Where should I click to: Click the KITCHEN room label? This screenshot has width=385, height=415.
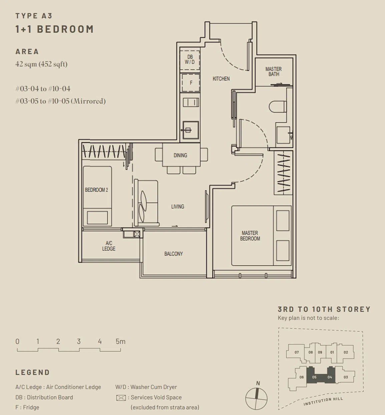(x=221, y=79)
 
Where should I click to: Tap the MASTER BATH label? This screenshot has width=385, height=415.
(x=274, y=71)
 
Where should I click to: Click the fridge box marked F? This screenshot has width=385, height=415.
(x=191, y=83)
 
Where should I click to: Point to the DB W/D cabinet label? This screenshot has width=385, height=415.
(x=190, y=59)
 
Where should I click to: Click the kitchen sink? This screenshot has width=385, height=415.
(x=190, y=130)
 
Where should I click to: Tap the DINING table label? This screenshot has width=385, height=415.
(x=180, y=155)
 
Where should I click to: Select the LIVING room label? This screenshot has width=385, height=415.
(x=177, y=206)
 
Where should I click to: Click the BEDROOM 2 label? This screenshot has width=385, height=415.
(x=96, y=190)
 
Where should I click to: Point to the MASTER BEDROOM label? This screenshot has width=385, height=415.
(x=250, y=236)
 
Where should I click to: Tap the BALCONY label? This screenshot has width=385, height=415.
(x=173, y=254)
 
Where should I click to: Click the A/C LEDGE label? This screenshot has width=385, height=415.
(x=109, y=246)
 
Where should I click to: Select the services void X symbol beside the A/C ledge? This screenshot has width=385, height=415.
(x=137, y=234)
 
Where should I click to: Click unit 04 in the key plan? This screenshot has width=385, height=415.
(x=330, y=377)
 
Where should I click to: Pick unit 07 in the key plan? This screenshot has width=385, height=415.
(x=297, y=352)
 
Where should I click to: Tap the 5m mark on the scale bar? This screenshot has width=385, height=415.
(x=120, y=342)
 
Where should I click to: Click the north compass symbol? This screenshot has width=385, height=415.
(x=256, y=399)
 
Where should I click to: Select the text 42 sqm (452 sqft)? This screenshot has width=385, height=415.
(x=41, y=64)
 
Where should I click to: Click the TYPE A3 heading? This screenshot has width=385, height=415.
(x=34, y=16)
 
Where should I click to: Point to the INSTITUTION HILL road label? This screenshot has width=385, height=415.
(x=323, y=401)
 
